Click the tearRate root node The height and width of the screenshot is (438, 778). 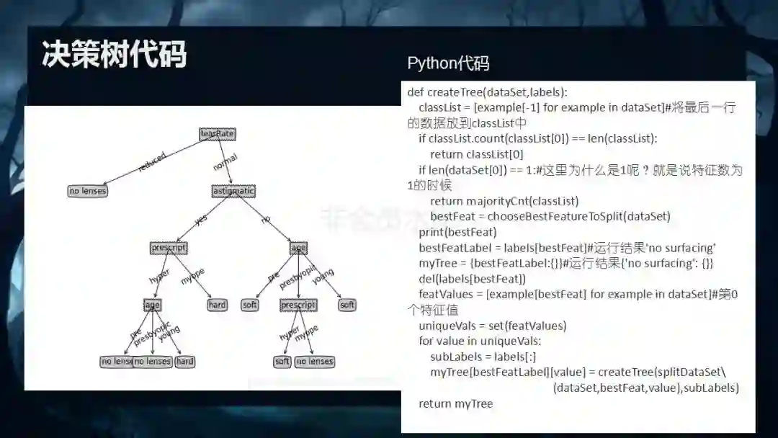click(x=218, y=134)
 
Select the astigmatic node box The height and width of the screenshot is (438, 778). click(x=233, y=191)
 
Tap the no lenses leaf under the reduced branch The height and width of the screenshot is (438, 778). click(x=88, y=191)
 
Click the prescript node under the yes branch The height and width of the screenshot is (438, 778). click(x=169, y=248)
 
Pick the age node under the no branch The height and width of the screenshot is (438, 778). click(x=298, y=248)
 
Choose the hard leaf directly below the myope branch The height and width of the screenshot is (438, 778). click(x=217, y=305)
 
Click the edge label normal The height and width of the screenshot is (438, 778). click(x=225, y=162)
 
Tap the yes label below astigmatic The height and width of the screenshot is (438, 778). click(x=200, y=220)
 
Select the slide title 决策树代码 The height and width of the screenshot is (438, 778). click(x=115, y=55)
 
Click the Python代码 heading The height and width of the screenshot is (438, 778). click(x=448, y=63)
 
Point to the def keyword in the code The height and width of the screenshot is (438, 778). click(x=416, y=92)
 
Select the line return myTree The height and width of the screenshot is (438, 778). click(x=455, y=403)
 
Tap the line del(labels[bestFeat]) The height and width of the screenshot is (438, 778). click(x=472, y=279)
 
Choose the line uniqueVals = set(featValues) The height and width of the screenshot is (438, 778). click(x=492, y=326)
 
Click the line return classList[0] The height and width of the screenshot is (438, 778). click(x=476, y=154)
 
